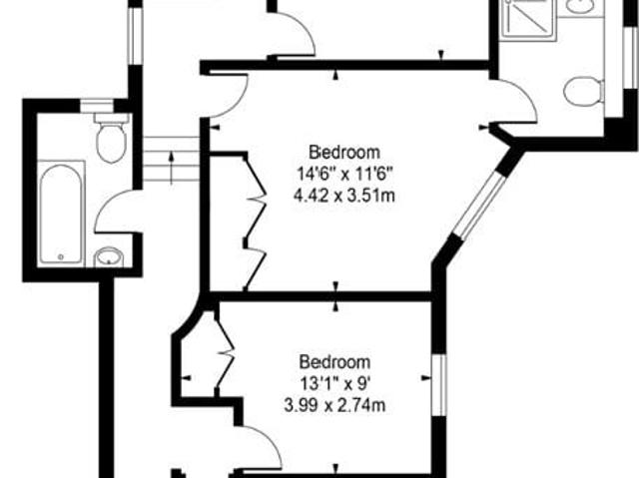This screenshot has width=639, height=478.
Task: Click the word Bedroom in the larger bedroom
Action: point(344,153)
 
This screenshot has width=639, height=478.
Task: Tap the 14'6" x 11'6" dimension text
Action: point(344,174)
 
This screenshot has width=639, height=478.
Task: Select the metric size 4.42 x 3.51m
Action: point(344,195)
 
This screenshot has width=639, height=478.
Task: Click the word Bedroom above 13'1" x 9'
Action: point(334,361)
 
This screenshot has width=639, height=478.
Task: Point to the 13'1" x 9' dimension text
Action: point(334,382)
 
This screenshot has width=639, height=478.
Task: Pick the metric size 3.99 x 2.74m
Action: point(334,404)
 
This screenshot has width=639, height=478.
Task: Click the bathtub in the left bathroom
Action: point(61,212)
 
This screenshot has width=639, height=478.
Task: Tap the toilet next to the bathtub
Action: point(111,139)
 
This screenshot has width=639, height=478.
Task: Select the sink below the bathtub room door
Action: point(108,257)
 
